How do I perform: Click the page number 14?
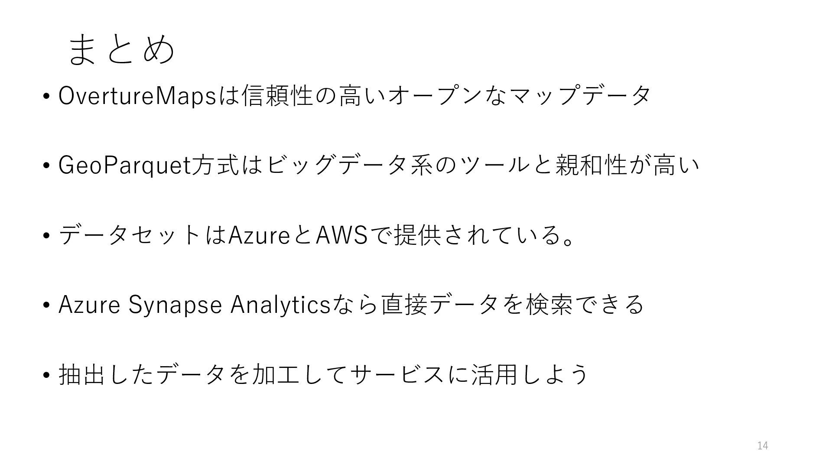click(763, 445)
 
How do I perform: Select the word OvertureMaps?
click(137, 96)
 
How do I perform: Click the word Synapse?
click(175, 305)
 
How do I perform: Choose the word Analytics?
click(280, 305)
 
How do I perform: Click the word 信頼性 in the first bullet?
click(278, 96)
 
